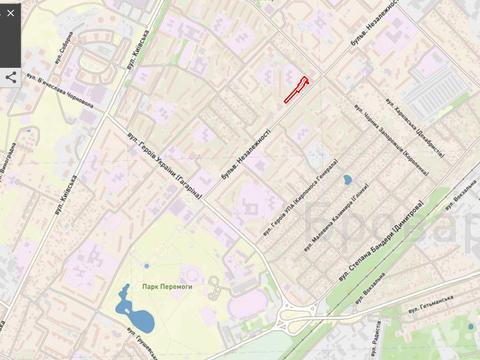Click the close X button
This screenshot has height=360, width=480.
point(11,13)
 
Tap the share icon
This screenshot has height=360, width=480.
point(11,76)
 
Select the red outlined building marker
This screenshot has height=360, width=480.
point(296,90)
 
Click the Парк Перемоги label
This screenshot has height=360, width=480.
point(166,286)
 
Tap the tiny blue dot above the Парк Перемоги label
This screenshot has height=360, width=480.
point(146,266)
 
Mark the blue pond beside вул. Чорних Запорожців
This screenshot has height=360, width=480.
point(347,180)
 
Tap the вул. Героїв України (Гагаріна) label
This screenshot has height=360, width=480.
point(166,164)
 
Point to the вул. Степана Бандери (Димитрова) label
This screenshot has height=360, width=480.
point(381,239)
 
